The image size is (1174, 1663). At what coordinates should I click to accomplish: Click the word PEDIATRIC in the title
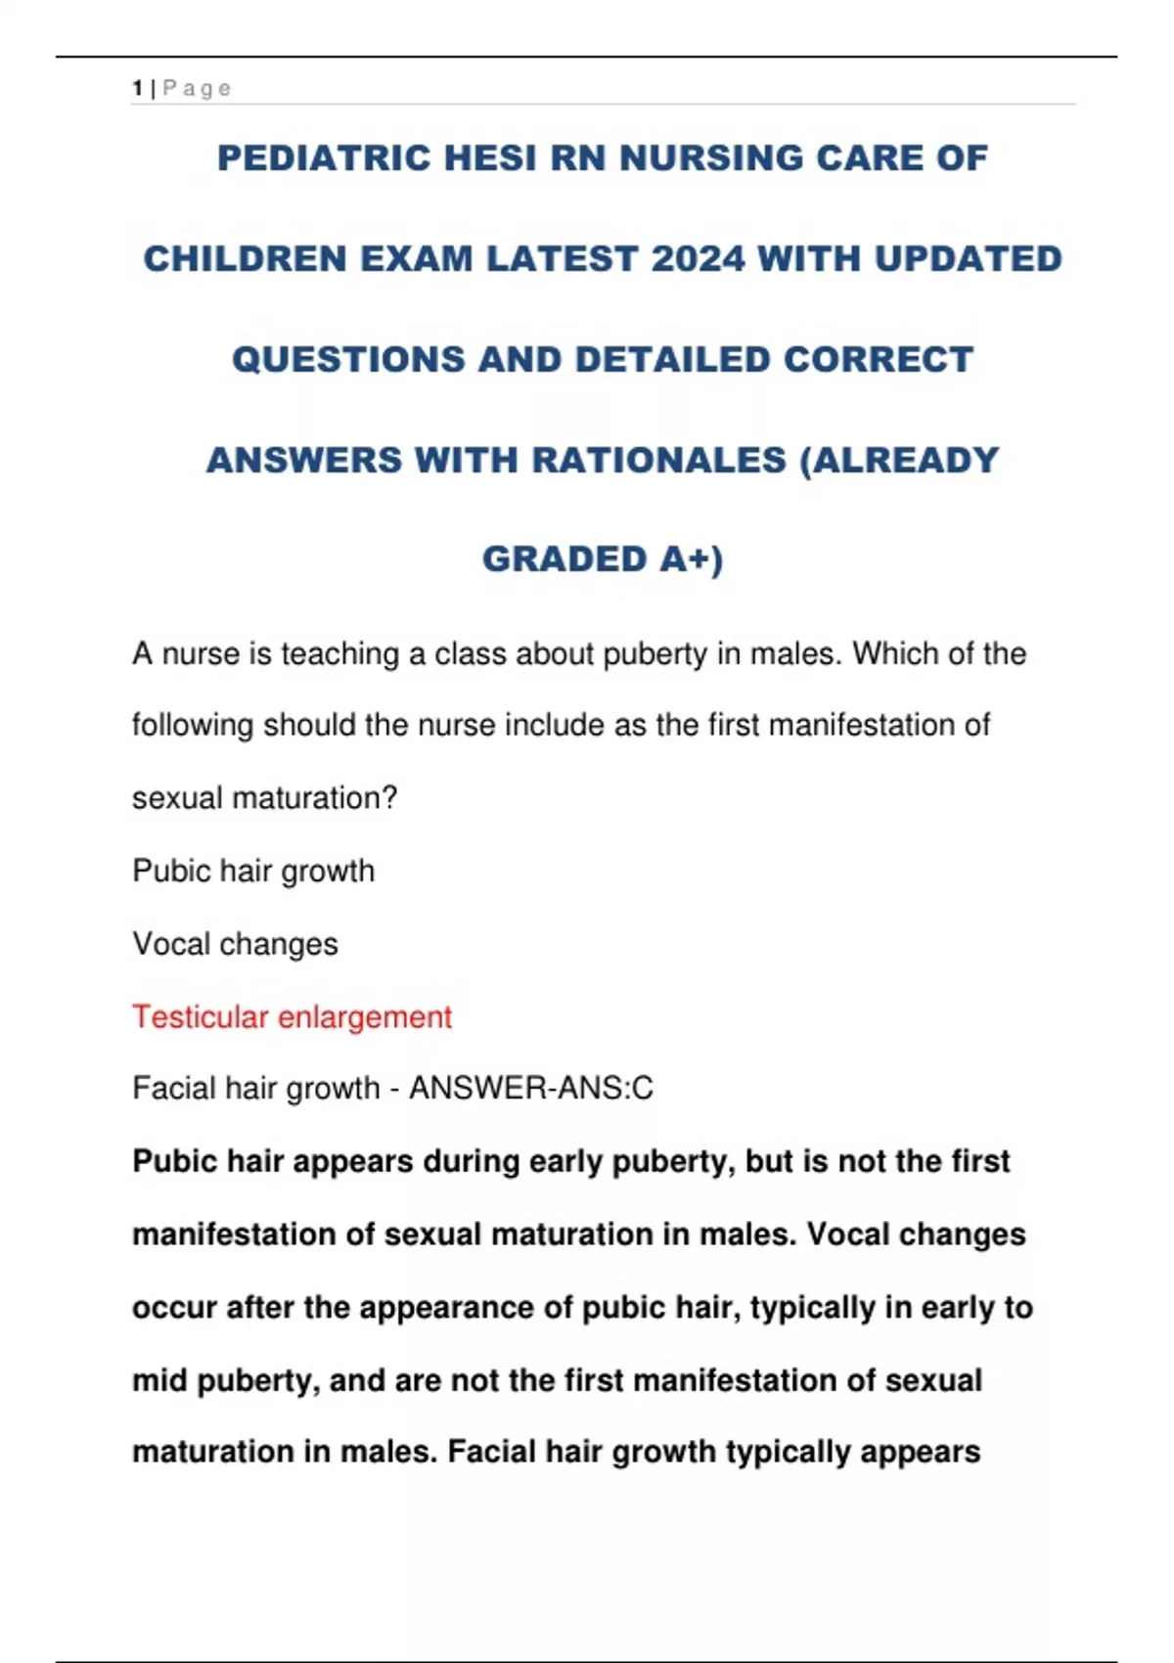[x=324, y=158]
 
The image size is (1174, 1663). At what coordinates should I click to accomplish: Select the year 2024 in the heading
[x=698, y=259]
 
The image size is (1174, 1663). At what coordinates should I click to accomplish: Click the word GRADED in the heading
[x=564, y=560]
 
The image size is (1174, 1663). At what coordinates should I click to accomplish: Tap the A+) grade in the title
[x=691, y=560]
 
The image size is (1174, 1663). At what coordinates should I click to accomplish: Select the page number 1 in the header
[x=138, y=89]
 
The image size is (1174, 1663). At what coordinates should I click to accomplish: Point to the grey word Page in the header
[x=197, y=89]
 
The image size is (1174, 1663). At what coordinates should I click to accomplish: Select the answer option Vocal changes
[x=235, y=944]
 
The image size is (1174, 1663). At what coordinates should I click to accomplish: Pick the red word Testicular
[x=200, y=1017]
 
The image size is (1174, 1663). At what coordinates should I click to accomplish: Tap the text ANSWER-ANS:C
[x=530, y=1088]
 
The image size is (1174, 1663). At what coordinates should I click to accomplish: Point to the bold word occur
[x=171, y=1308]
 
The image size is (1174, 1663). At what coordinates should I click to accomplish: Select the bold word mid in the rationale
[x=158, y=1380]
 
